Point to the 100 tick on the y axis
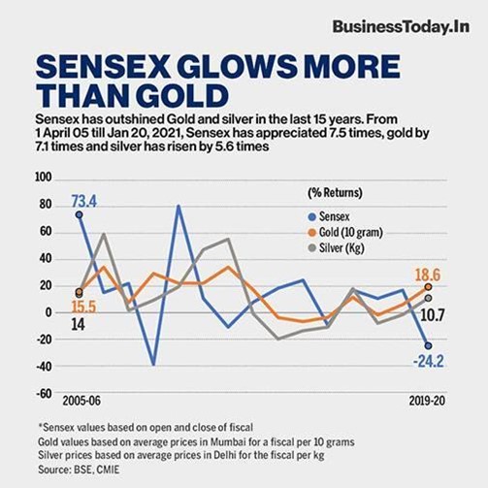[42, 178]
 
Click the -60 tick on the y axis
[42, 394]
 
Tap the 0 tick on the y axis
[48, 313]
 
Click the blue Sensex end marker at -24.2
[428, 345]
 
